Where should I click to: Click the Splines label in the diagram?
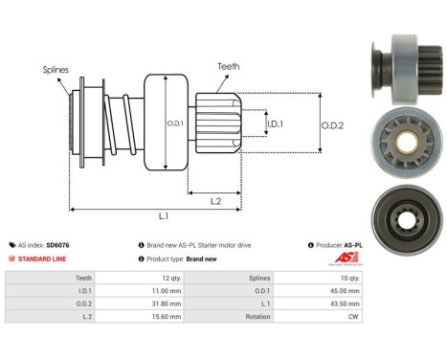(x=55, y=70)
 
